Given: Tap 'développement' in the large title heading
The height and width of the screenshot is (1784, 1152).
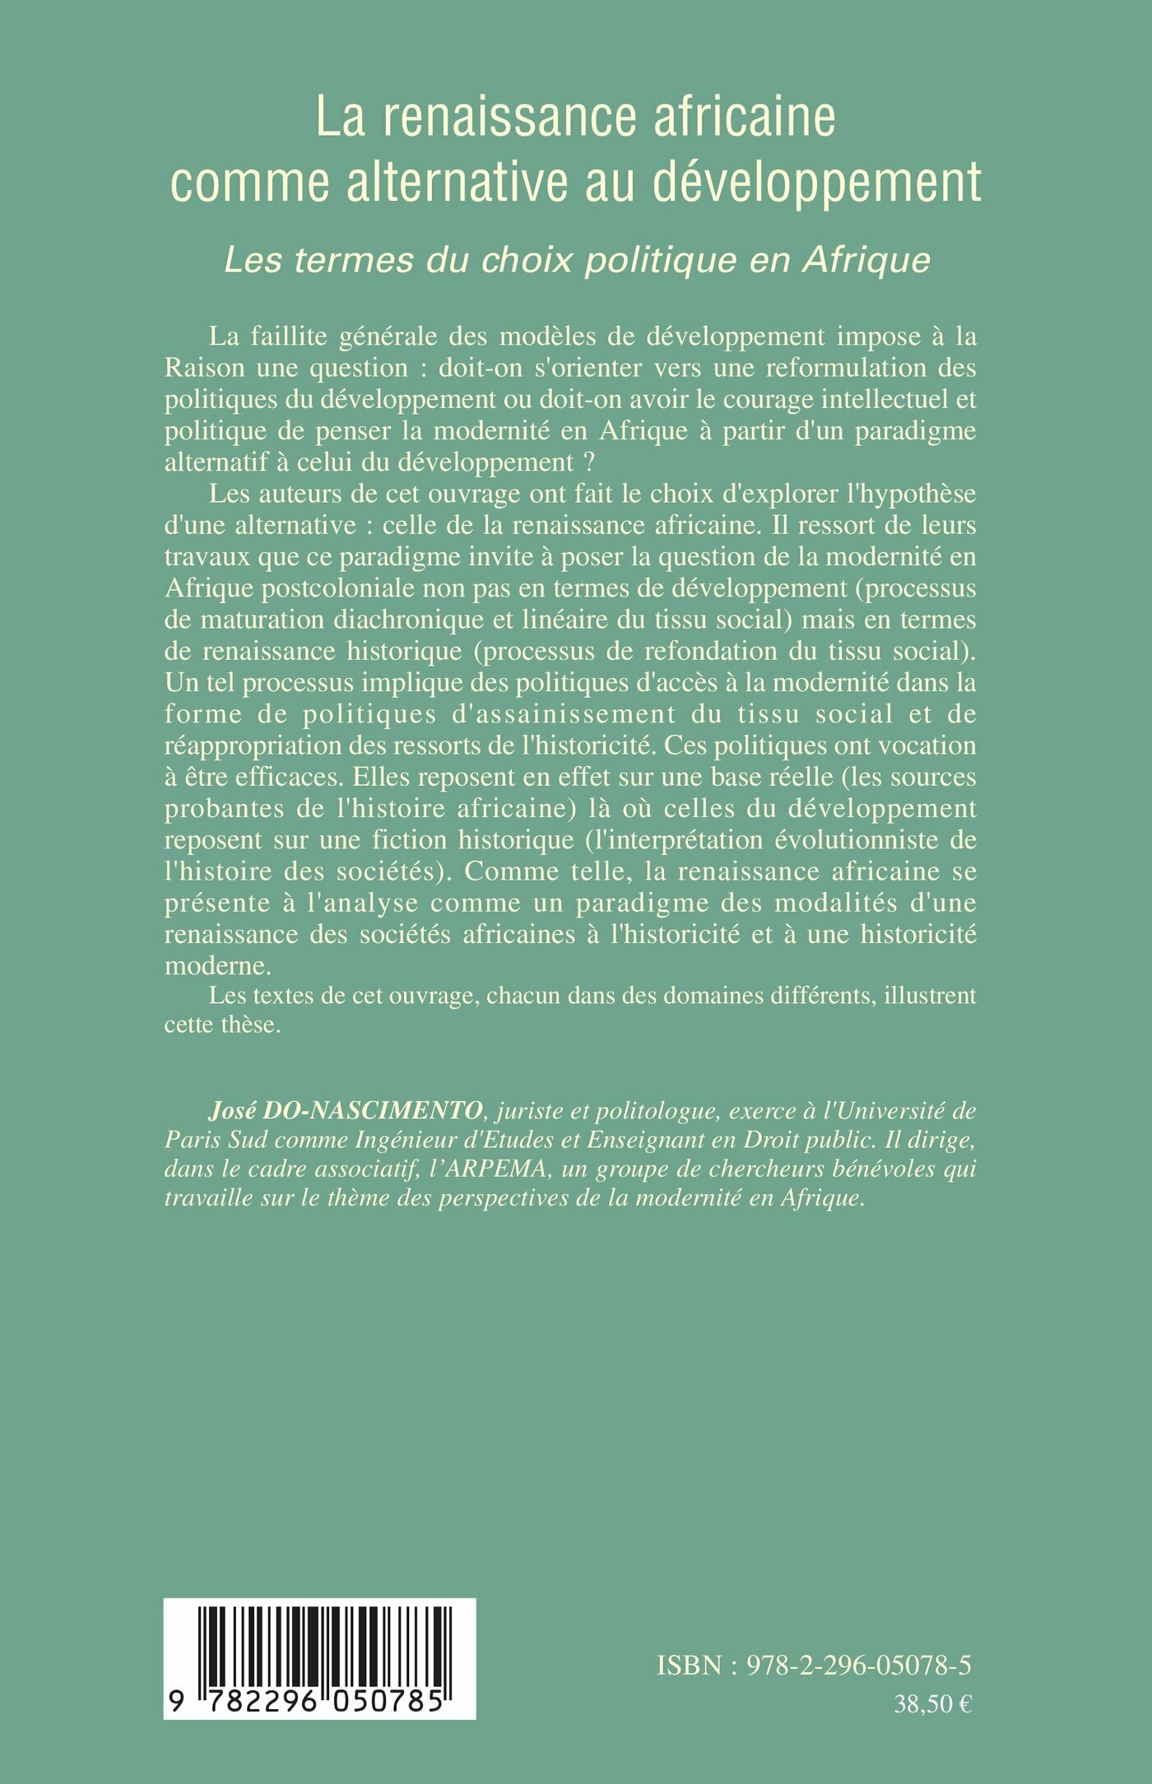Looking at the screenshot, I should [x=817, y=182].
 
